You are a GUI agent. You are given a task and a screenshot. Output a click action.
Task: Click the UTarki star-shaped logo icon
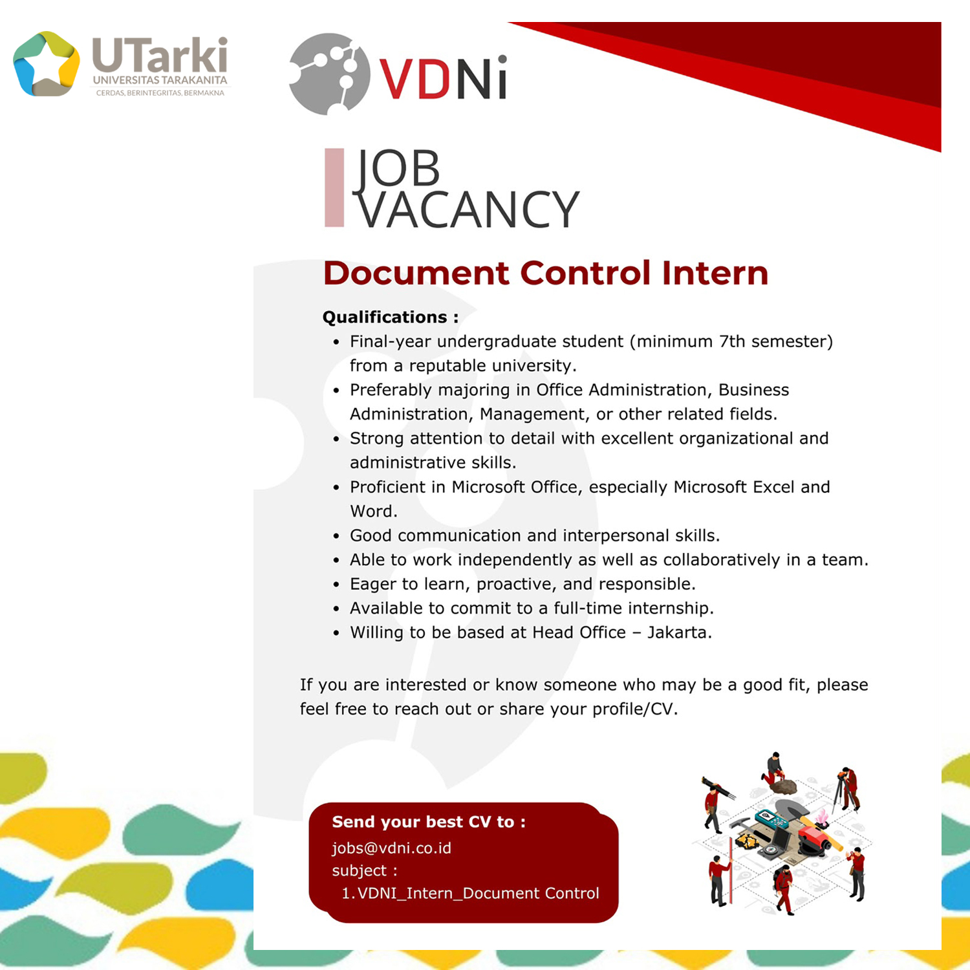[47, 64]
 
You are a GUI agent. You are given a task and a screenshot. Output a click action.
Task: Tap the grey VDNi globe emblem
[329, 74]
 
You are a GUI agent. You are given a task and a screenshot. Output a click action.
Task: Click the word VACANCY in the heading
[469, 210]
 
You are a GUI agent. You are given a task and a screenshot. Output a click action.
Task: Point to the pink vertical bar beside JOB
[334, 188]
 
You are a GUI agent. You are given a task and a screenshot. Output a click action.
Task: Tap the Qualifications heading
[391, 317]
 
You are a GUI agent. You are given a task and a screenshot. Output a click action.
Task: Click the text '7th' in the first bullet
[732, 341]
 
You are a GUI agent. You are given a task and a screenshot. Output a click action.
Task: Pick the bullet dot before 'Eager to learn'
[336, 585]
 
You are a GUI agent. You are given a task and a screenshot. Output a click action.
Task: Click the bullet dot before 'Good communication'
[336, 536]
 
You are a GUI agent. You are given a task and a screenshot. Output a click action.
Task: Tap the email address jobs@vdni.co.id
[391, 848]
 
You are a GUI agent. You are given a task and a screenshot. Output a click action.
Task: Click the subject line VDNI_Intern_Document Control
[478, 893]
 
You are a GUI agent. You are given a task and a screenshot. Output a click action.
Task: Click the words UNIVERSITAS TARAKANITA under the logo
[160, 80]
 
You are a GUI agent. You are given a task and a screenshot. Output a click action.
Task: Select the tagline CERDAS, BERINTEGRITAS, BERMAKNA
[160, 92]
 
